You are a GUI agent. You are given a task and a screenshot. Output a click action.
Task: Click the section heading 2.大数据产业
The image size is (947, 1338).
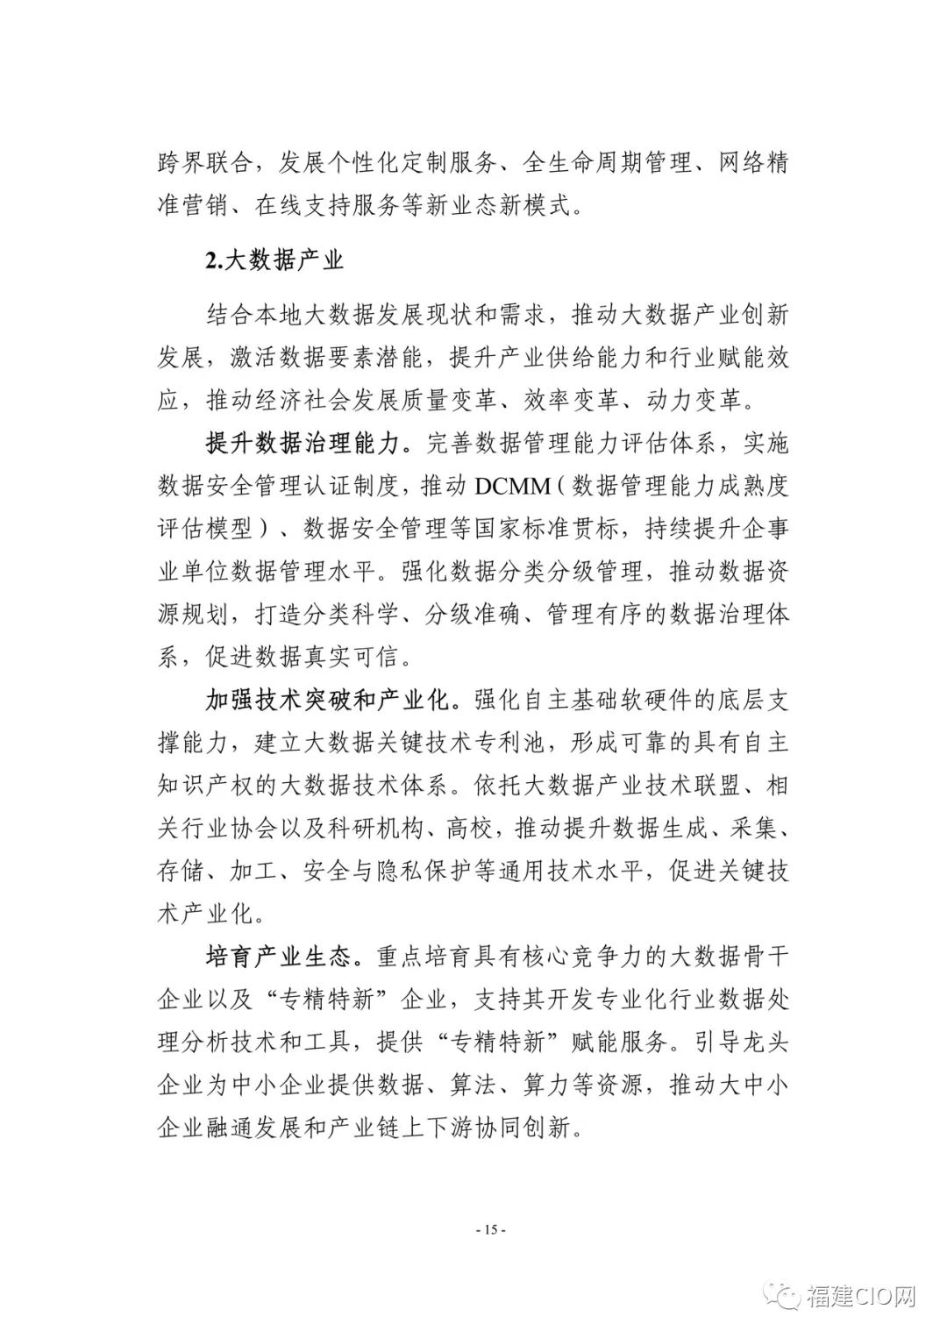(x=274, y=260)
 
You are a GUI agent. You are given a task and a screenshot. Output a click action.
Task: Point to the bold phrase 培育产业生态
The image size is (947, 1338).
(x=284, y=957)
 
